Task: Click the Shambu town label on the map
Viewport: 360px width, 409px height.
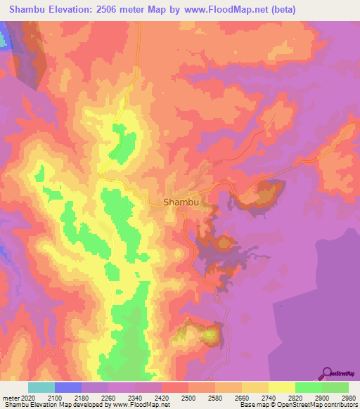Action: [182, 202]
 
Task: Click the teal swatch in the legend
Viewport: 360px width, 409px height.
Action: [41, 387]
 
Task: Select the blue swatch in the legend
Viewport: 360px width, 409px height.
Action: [68, 387]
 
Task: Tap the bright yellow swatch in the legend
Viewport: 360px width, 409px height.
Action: [282, 387]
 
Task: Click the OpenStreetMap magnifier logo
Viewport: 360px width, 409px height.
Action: [326, 373]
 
